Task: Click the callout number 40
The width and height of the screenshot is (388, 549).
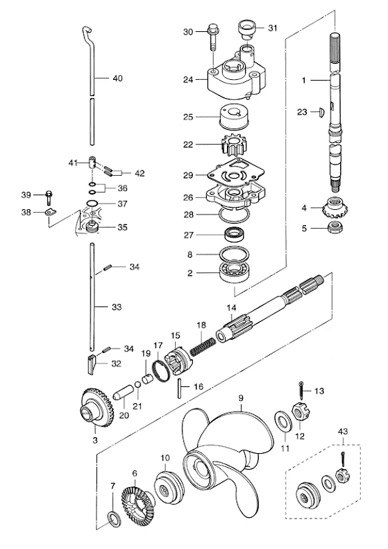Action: (118, 78)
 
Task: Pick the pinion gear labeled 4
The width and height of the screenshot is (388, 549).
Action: (332, 207)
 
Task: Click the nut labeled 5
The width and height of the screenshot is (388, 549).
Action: (335, 228)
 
